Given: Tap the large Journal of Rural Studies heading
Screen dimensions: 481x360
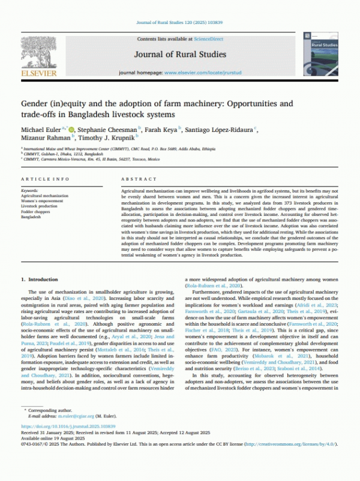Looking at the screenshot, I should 180,54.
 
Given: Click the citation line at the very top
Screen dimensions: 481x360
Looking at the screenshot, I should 180,23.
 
